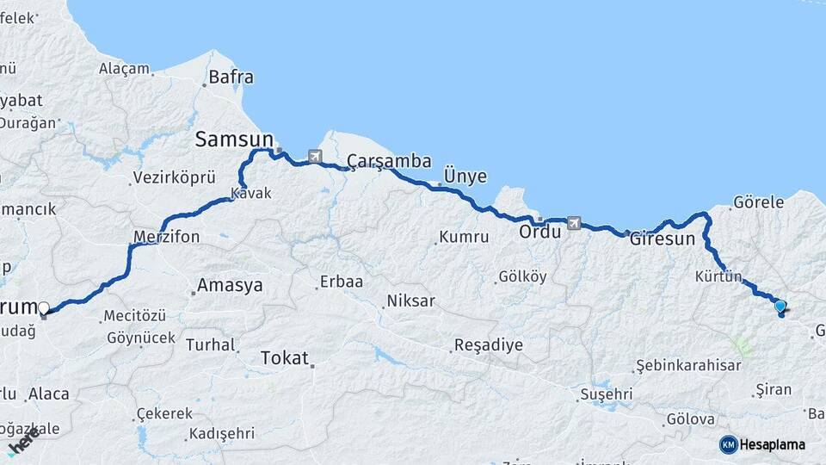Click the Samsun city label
click(x=234, y=139)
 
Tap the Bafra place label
click(x=231, y=77)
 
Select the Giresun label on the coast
click(x=662, y=239)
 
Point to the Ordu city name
click(x=540, y=232)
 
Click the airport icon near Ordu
click(x=574, y=224)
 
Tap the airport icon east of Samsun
click(x=314, y=157)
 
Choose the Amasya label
click(x=230, y=286)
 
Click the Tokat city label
click(x=284, y=358)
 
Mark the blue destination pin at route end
click(x=780, y=307)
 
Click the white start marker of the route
click(x=44, y=307)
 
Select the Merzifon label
click(x=167, y=236)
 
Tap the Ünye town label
click(x=465, y=177)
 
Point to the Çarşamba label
click(x=389, y=161)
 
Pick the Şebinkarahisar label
click(x=688, y=365)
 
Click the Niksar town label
click(x=410, y=301)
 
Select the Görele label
click(x=758, y=203)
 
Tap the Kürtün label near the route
click(x=718, y=276)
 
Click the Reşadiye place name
click(x=488, y=345)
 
